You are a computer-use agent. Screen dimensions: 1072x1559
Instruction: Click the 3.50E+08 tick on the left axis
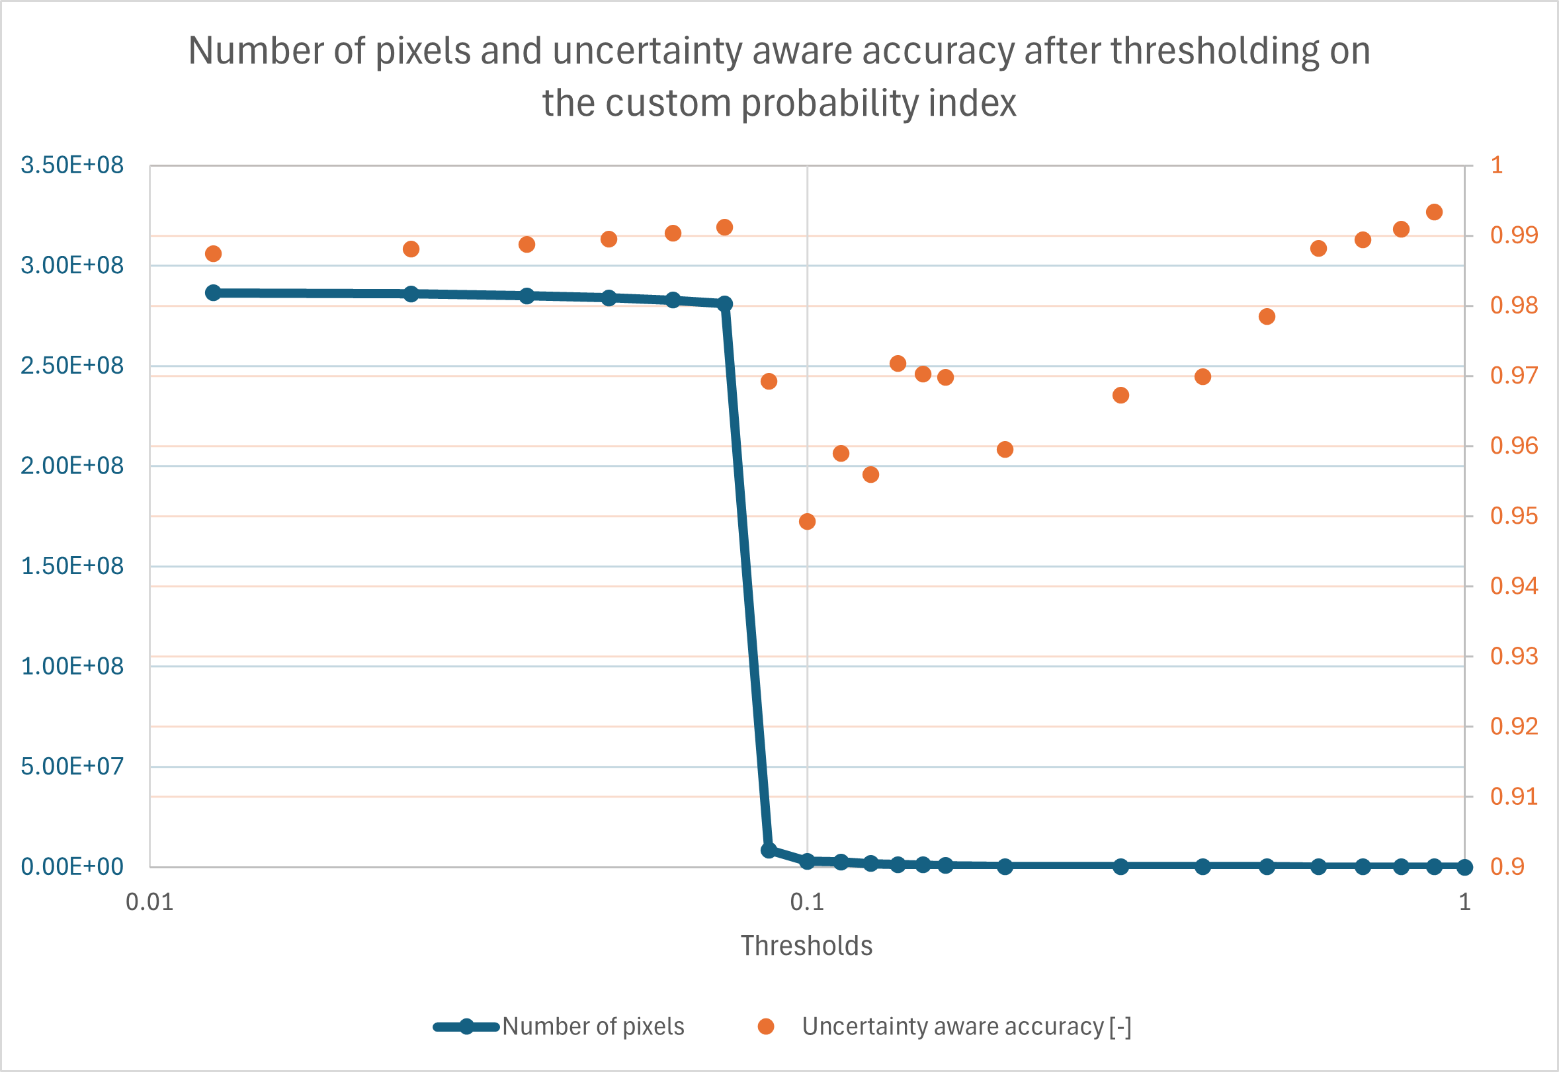pyautogui.click(x=72, y=165)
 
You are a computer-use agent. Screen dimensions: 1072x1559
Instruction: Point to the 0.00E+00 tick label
pyautogui.click(x=72, y=867)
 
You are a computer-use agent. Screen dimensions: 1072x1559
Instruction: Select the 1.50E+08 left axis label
pyautogui.click(x=72, y=566)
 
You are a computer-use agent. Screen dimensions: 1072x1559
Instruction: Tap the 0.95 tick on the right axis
pyautogui.click(x=1514, y=516)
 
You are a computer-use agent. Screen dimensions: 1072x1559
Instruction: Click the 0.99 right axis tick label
pyautogui.click(x=1514, y=235)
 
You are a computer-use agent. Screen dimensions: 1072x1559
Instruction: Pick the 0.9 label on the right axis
pyautogui.click(x=1507, y=867)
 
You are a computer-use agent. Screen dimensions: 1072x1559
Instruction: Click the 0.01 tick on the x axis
pyautogui.click(x=149, y=902)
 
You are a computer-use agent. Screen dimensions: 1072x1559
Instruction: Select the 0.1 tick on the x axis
pyautogui.click(x=807, y=902)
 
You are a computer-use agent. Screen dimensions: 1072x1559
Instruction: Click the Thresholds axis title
pyautogui.click(x=806, y=946)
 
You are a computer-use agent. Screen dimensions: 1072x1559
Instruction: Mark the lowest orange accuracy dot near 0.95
pyautogui.click(x=808, y=522)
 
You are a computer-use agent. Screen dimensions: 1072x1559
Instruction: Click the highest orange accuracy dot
pyautogui.click(x=1434, y=212)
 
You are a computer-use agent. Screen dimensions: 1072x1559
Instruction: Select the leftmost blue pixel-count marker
pyautogui.click(x=214, y=293)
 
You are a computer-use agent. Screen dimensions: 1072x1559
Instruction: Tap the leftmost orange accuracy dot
pyautogui.click(x=214, y=254)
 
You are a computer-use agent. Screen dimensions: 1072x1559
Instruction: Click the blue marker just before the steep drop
pyautogui.click(x=725, y=304)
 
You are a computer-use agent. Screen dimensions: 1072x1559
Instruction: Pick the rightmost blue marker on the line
pyautogui.click(x=1465, y=867)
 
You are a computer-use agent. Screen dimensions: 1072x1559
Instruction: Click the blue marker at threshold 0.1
pyautogui.click(x=808, y=861)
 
